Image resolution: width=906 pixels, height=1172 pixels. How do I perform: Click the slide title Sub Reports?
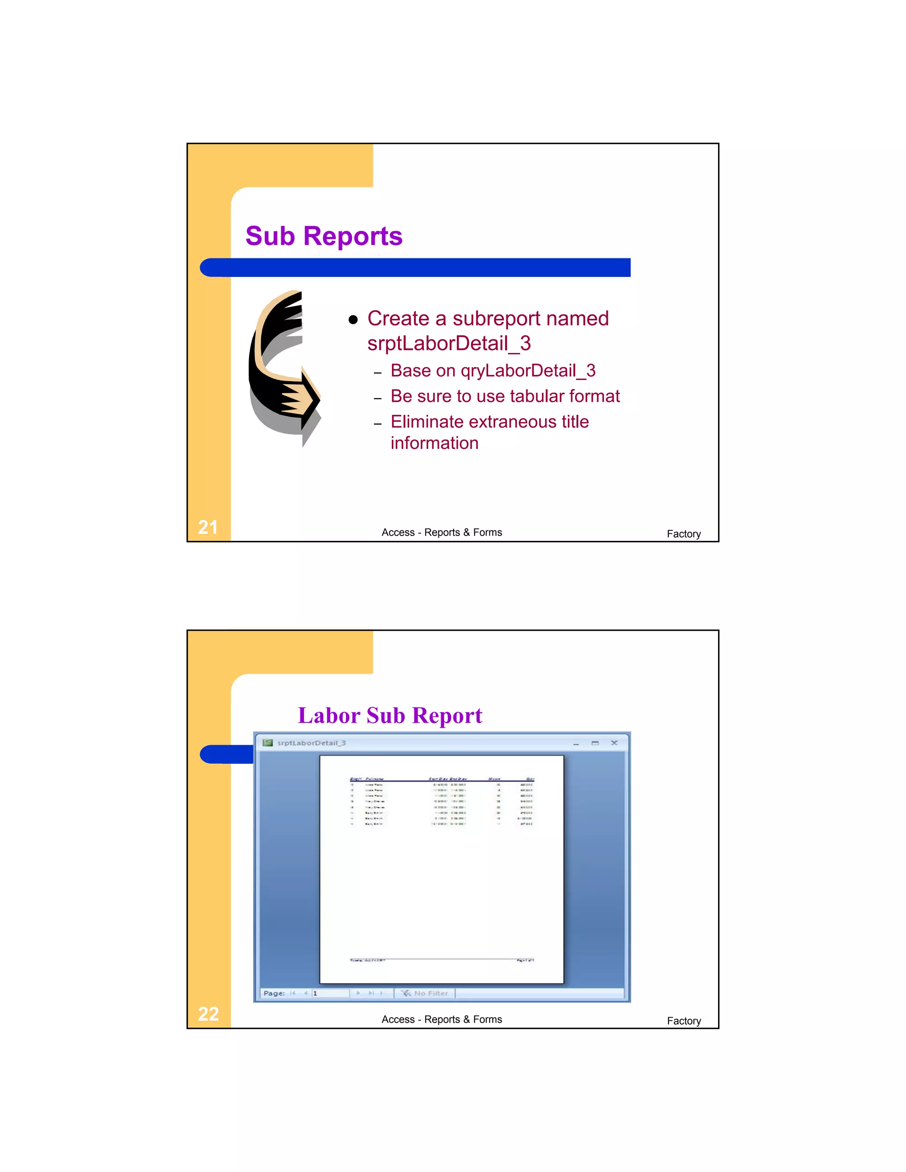pos(324,236)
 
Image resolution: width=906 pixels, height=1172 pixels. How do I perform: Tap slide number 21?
pos(208,527)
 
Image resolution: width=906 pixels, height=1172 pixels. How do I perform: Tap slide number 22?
pos(208,1014)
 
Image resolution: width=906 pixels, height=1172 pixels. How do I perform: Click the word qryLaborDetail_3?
pos(528,370)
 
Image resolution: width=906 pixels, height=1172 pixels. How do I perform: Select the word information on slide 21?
pos(434,443)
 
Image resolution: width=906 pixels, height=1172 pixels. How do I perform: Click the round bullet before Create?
pos(353,320)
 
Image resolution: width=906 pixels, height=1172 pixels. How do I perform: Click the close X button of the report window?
pos(614,743)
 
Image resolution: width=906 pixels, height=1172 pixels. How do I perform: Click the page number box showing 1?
pos(330,993)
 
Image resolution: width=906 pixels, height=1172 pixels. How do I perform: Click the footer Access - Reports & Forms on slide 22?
pos(442,1019)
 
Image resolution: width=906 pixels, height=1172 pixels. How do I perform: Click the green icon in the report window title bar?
pos(267,743)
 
